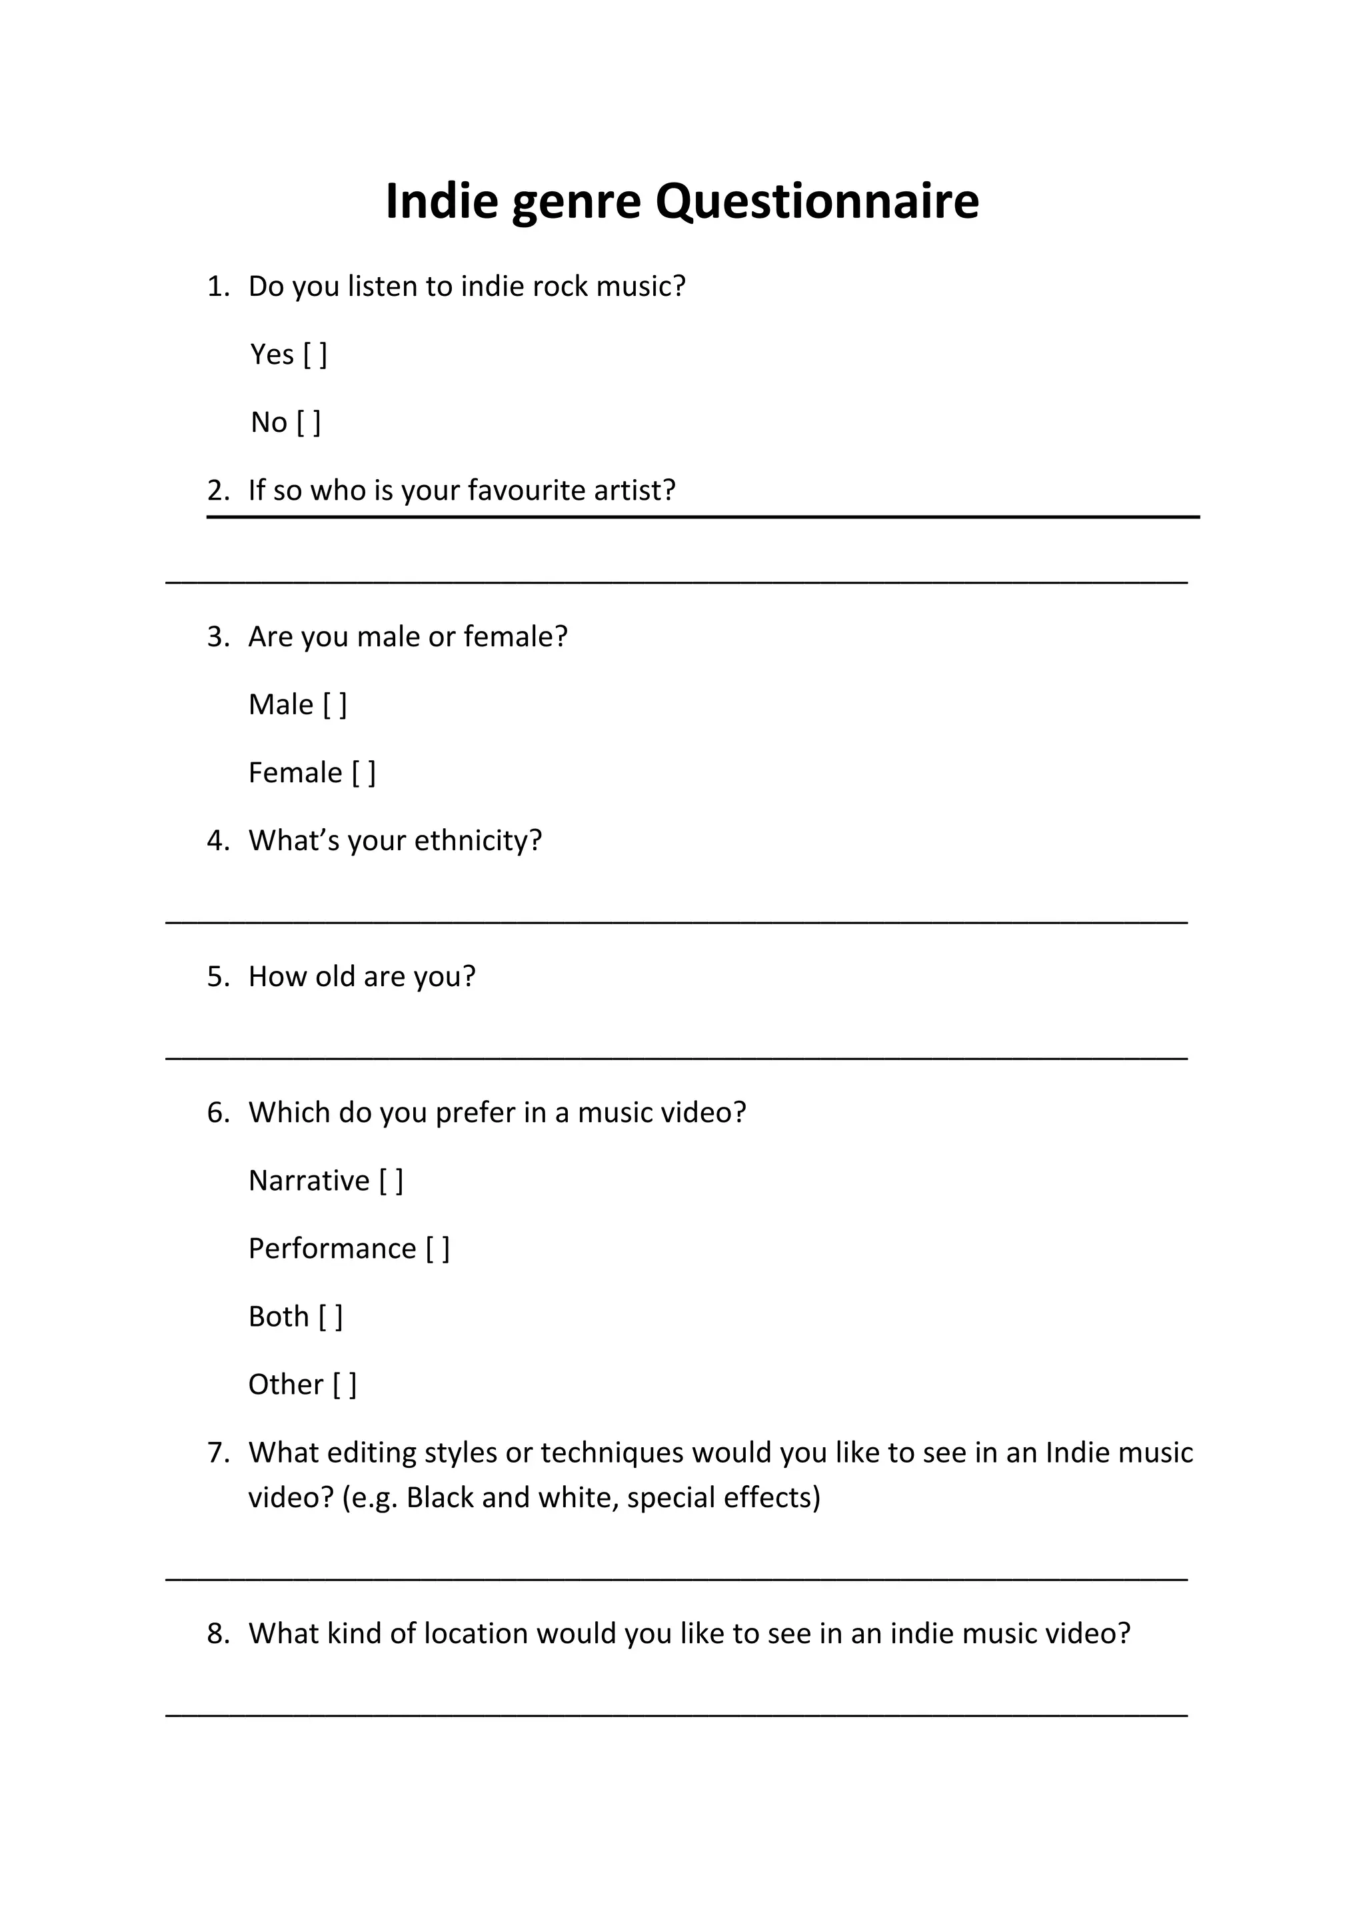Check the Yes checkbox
315,355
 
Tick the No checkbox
309,423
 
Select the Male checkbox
335,705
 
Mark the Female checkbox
363,773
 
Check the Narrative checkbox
391,1181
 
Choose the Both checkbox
331,1317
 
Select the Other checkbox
345,1385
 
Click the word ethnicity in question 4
479,841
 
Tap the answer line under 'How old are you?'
677,1057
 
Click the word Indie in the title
441,202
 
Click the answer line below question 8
677,1713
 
